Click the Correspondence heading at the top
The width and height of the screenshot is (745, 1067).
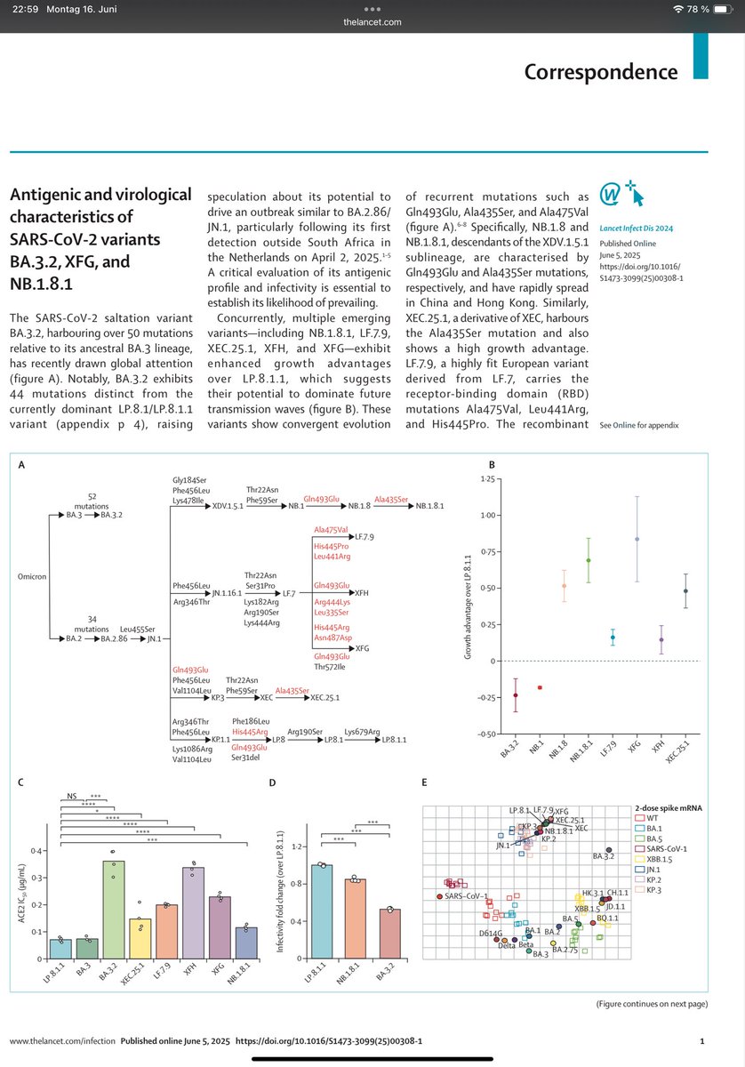(x=600, y=71)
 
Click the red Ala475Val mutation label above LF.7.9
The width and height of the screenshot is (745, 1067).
(x=331, y=529)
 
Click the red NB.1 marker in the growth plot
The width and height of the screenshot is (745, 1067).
(x=540, y=687)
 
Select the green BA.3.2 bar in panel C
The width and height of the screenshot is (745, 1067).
(x=112, y=910)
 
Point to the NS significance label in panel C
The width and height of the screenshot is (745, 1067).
(x=74, y=797)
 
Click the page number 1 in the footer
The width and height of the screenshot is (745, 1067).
(x=702, y=1039)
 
